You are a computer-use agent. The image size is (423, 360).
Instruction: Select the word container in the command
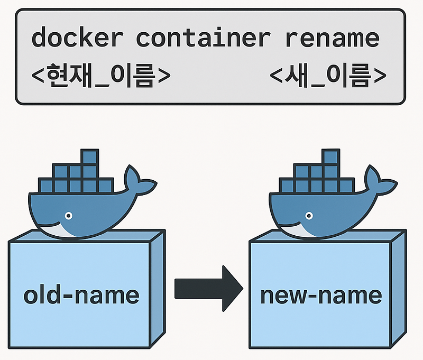[x=203, y=38]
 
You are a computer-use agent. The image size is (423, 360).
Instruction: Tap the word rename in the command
[x=332, y=38]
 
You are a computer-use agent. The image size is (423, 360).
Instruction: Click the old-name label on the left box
[x=81, y=294]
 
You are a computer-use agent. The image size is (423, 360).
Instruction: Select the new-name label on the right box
[x=321, y=295]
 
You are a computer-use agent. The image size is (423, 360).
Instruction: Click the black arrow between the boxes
[x=208, y=288]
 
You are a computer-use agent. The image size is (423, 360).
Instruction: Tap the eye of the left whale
[x=68, y=216]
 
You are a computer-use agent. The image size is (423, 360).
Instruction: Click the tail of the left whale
[x=139, y=180]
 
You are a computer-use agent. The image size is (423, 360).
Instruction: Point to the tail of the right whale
[x=379, y=180]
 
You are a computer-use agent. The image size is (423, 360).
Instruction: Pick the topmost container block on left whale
[x=89, y=158]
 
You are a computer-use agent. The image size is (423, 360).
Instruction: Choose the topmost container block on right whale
[x=330, y=158]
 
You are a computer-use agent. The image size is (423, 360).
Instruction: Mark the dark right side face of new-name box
[x=398, y=291]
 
